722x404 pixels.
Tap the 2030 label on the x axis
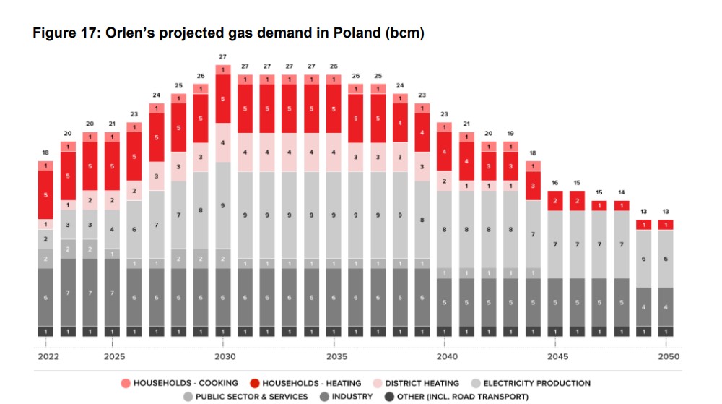[x=223, y=357]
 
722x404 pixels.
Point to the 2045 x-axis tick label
[x=557, y=357]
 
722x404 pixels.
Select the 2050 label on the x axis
[x=667, y=357]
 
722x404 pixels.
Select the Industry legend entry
[x=346, y=396]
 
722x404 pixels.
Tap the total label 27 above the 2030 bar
[x=223, y=56]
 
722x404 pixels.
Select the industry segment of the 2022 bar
[x=45, y=297]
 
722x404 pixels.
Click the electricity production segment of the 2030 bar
[x=223, y=205]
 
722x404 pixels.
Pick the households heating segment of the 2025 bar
[x=112, y=166]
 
